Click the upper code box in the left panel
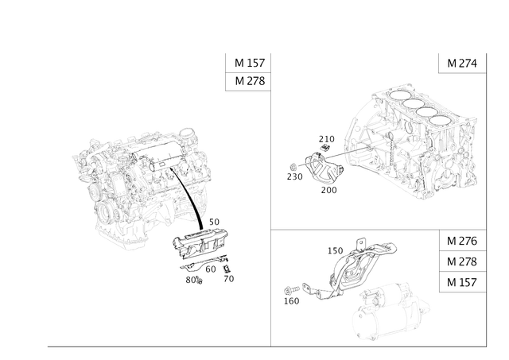[249, 64]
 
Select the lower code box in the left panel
[249, 81]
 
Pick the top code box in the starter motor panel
[461, 241]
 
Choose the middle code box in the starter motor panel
[461, 261]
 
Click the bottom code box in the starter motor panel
[461, 282]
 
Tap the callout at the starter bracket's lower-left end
[290, 297]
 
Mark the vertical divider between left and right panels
[273, 199]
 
